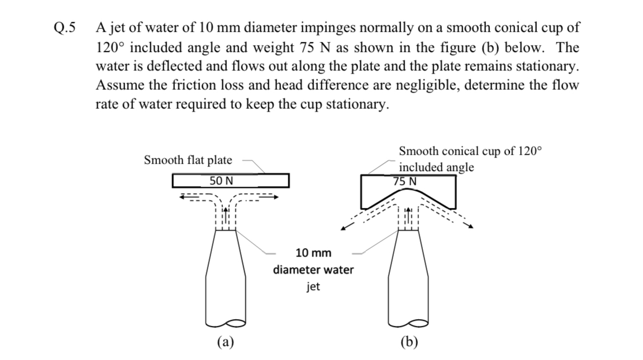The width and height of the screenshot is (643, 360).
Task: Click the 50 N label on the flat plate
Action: tap(221, 181)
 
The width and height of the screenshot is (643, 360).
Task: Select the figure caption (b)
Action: tap(411, 342)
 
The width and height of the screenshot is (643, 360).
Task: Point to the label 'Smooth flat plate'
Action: tap(188, 160)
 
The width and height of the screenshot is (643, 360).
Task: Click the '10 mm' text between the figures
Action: tap(313, 253)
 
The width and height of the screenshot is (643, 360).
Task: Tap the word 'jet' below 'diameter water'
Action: tap(313, 287)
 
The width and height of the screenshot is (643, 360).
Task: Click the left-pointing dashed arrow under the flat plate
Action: tap(184, 197)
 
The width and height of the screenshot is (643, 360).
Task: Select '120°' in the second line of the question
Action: tap(111, 46)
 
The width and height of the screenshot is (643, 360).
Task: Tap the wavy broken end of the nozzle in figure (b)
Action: tap(410, 323)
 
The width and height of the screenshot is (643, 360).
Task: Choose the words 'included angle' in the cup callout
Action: tap(436, 167)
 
